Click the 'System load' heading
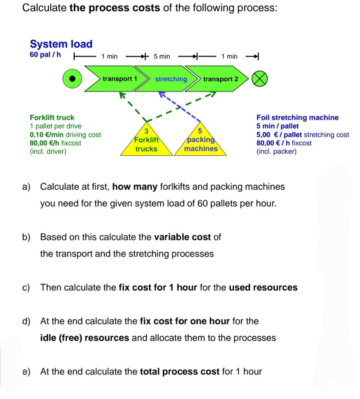61,44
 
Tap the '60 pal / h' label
45,55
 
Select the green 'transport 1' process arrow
117,79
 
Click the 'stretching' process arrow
170,79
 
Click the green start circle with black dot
72,79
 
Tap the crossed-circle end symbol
260,79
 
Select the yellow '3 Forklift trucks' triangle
146,141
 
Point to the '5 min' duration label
162,56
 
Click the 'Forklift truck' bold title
52,117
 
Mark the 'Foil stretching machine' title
297,117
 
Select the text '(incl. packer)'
276,151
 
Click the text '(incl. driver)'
48,151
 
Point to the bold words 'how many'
135,187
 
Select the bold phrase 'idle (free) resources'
84,338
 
